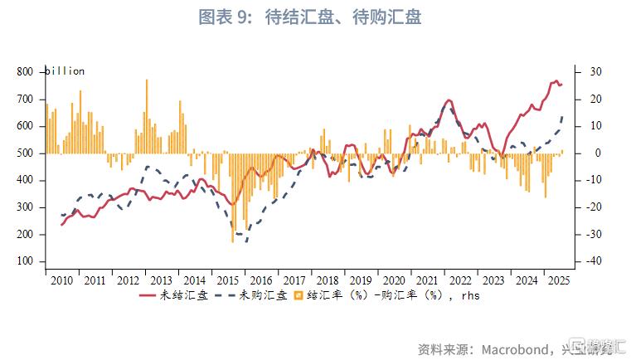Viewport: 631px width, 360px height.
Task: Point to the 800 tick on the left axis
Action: point(25,72)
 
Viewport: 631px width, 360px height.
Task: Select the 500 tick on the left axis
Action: point(25,153)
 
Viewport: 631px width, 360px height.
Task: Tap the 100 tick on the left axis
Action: point(25,261)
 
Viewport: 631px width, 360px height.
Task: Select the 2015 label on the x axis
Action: point(228,280)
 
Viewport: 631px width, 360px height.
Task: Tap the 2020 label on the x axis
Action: point(396,280)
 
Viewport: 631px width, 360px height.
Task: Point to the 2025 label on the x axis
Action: point(558,280)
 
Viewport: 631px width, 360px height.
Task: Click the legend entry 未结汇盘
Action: point(173,295)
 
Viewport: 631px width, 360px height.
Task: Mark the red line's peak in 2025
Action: point(556,80)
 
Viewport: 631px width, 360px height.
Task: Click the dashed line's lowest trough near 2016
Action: point(245,241)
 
